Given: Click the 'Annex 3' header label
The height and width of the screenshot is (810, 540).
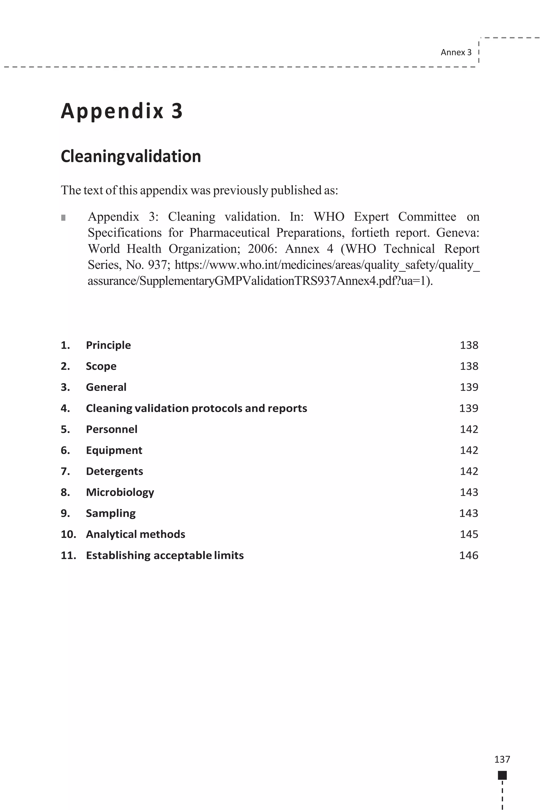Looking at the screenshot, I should point(456,52).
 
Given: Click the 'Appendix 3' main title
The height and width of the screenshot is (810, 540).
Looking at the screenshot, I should point(122,111).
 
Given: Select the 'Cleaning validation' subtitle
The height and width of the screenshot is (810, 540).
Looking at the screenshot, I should point(131,156).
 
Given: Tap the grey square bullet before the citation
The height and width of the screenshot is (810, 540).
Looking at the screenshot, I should point(63,218).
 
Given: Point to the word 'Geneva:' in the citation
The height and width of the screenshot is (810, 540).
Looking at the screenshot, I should point(457,233).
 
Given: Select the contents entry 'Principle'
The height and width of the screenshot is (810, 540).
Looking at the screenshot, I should point(108,345).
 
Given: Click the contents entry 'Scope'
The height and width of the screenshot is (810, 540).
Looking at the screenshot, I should point(101,366).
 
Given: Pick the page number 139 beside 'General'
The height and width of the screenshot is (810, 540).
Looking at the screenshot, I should point(469,387).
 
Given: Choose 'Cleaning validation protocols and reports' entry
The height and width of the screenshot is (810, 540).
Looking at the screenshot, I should point(196,408).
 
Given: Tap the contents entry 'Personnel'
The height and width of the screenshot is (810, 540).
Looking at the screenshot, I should point(111,429).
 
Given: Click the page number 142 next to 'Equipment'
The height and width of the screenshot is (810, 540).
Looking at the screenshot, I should point(469,450).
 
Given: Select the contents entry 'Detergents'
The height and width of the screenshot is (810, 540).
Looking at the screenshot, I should point(114,471).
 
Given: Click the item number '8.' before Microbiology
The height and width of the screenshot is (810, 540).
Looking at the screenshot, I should point(65,492).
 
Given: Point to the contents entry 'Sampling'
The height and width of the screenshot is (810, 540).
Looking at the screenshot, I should point(110,513).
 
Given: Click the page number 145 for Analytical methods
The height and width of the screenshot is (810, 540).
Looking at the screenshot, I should point(469,534).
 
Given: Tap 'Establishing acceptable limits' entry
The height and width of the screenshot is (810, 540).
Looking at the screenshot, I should point(165,555).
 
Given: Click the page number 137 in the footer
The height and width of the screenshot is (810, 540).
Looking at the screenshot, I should point(502,759).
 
